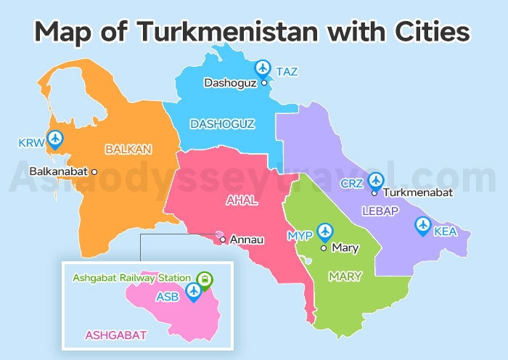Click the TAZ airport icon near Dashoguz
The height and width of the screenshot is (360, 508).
263,67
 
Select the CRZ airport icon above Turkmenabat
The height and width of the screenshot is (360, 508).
375,180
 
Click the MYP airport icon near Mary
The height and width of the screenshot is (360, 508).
325,232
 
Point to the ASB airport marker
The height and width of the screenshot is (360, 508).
193,291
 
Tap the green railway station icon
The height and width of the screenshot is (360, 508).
205,278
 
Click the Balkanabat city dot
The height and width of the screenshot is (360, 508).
94,172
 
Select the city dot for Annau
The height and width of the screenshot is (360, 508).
222,238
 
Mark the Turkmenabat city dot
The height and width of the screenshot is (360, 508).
374,193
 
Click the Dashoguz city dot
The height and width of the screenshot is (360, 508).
264,83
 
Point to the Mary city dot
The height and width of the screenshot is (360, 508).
324,247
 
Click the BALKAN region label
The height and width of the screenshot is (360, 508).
128,150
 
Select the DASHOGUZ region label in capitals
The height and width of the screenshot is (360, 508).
222,124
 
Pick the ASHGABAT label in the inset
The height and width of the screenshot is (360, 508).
116,335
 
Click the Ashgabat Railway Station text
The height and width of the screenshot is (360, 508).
131,277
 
